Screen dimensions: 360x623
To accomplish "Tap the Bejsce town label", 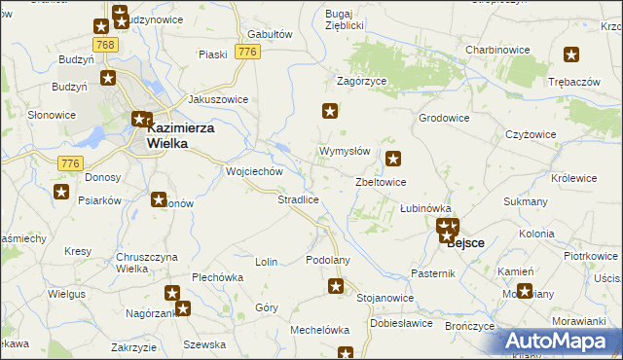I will point(466,243).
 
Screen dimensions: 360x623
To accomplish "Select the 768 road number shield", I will point(106,45).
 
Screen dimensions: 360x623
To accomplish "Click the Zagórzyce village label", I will point(362,81).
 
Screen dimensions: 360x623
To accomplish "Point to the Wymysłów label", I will point(345,152).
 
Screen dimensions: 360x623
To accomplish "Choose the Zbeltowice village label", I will point(381,182).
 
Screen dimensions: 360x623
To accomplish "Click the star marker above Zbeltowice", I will point(393,159).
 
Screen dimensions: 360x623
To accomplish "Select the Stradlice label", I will point(298,199).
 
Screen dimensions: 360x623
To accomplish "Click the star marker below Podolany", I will point(336,286).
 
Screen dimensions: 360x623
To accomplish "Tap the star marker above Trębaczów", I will point(571,56).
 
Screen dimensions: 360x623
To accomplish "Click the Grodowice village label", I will point(444,118).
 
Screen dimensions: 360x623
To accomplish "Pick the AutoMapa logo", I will point(559,342).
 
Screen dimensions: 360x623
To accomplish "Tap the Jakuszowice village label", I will point(218,99).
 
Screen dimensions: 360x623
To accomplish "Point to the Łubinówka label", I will point(426,208).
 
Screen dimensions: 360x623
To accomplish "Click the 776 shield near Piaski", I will point(247,51).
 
